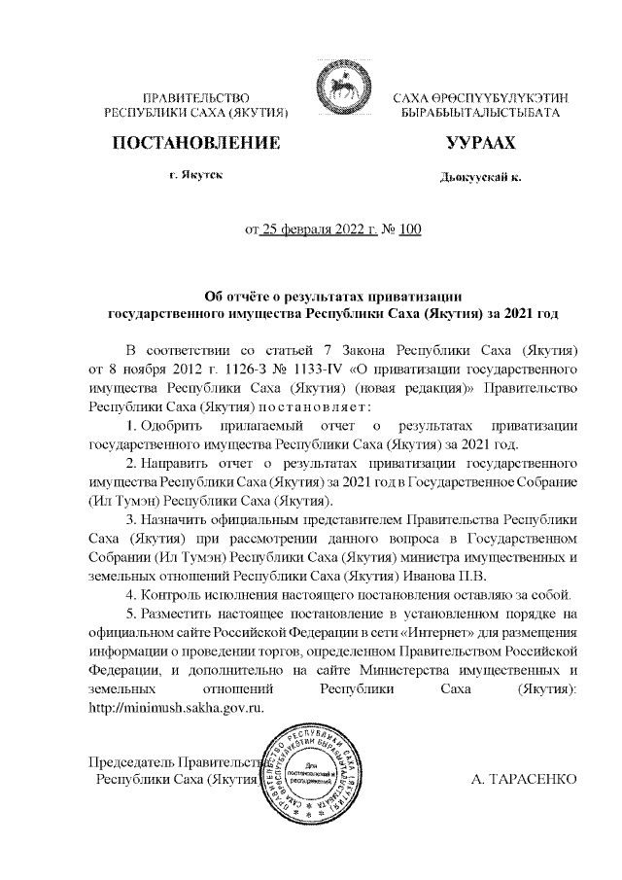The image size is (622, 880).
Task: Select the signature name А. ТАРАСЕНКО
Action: (524, 780)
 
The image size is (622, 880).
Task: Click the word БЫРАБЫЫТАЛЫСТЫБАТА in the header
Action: (481, 114)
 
